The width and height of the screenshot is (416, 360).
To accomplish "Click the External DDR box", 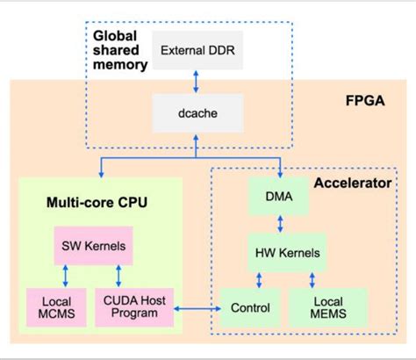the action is point(197,50).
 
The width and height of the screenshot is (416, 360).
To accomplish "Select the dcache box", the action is point(197,113).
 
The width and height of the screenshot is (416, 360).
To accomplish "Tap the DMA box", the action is point(278,196).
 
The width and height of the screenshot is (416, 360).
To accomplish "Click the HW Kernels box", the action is point(287,253).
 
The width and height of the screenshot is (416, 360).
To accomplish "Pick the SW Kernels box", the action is point(94,246).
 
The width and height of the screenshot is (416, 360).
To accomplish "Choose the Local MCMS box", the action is point(56,307).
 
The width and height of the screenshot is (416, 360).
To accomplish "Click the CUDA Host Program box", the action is point(134,307).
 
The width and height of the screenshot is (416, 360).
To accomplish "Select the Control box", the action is point(250,307).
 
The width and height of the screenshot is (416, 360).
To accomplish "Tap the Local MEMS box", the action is point(328,307).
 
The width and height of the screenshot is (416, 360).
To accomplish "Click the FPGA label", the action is point(365,101).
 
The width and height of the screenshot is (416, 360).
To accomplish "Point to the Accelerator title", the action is point(353,184).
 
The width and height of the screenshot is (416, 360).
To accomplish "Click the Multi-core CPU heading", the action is point(97,202).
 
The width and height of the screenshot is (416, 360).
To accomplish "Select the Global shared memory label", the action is point(120,50).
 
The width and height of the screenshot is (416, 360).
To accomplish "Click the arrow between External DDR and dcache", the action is point(196,82).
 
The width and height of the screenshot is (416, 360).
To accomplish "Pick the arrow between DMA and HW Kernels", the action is point(280,224).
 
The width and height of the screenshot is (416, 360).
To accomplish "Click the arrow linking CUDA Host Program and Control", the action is point(197,308).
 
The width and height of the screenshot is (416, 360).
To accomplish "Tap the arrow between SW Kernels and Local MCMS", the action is point(66,276).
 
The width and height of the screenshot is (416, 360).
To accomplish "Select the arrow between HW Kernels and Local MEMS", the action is point(312,280).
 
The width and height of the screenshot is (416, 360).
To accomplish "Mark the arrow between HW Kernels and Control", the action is point(259,280).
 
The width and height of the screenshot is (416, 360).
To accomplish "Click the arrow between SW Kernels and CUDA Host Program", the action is point(118,276).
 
